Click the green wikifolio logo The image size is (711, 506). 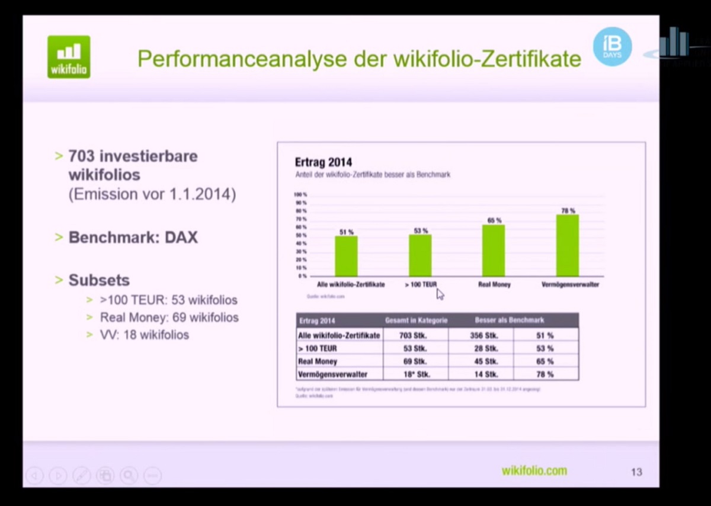pos(69,56)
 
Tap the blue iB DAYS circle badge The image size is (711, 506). pos(612,46)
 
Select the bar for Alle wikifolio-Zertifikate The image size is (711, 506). pos(346,256)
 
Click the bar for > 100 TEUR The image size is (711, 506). pos(420,255)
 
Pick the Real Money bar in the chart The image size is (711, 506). pos(494,251)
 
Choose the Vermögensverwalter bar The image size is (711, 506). pos(568,245)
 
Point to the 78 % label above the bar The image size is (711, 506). pos(568,210)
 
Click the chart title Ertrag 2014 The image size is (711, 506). pos(324,162)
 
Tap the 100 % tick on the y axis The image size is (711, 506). pos(300,194)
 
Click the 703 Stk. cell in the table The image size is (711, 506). pos(415,335)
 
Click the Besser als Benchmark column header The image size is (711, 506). pos(509,321)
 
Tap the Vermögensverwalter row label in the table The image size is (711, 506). pos(333,374)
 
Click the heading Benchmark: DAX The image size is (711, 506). pos(133,238)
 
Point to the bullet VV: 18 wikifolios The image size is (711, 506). pos(144,335)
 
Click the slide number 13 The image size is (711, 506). pos(636,472)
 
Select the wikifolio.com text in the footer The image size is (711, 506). pos(534,471)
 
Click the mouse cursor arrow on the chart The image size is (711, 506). pos(440,294)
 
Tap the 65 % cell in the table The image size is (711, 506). pos(545,361)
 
